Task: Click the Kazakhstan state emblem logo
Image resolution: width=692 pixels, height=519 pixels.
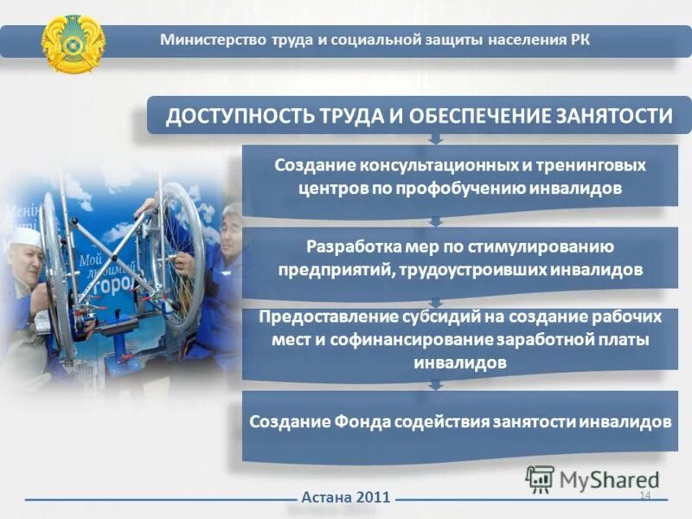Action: [73, 42]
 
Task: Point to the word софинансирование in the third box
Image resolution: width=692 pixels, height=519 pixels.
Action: [410, 339]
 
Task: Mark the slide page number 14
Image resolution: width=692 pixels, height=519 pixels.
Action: [644, 495]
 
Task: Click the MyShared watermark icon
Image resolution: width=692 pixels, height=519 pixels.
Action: [540, 478]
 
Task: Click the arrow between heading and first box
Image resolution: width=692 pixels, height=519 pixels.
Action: [436, 138]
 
